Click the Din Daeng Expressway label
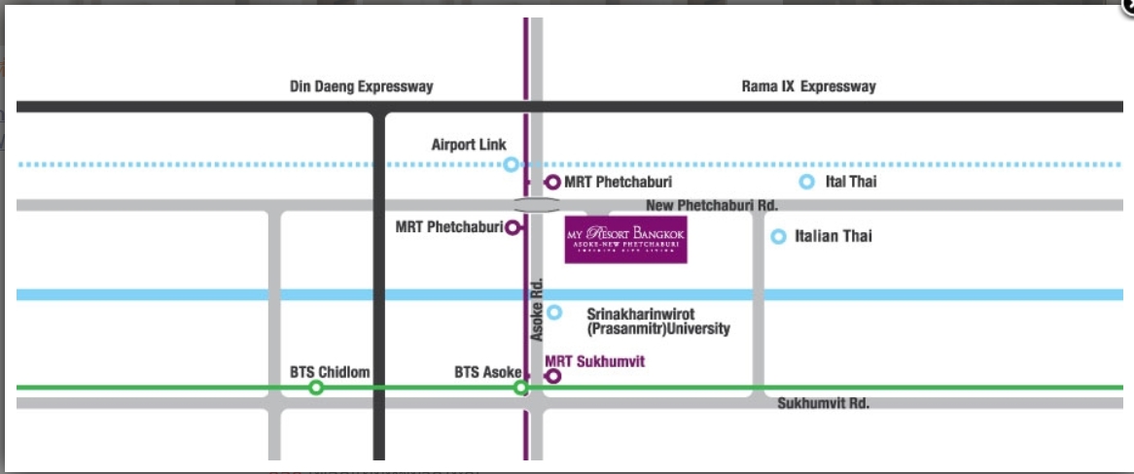click(x=361, y=86)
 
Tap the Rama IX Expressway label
click(x=808, y=86)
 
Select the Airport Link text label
click(x=469, y=145)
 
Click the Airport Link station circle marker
click(x=511, y=165)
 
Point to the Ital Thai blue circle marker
click(x=806, y=182)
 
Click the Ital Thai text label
click(x=849, y=182)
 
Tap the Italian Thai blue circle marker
click(x=778, y=236)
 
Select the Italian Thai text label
click(x=833, y=236)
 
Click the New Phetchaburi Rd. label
click(x=712, y=206)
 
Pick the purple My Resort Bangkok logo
click(x=626, y=240)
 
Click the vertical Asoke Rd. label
click(x=536, y=310)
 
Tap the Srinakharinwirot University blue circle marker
click(x=554, y=313)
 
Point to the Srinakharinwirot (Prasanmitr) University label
click(x=658, y=322)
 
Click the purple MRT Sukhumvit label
click(x=595, y=361)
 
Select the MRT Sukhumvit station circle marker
click(x=553, y=376)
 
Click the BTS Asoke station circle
click(x=521, y=389)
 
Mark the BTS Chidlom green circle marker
click(x=316, y=389)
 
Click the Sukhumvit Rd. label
click(x=823, y=403)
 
